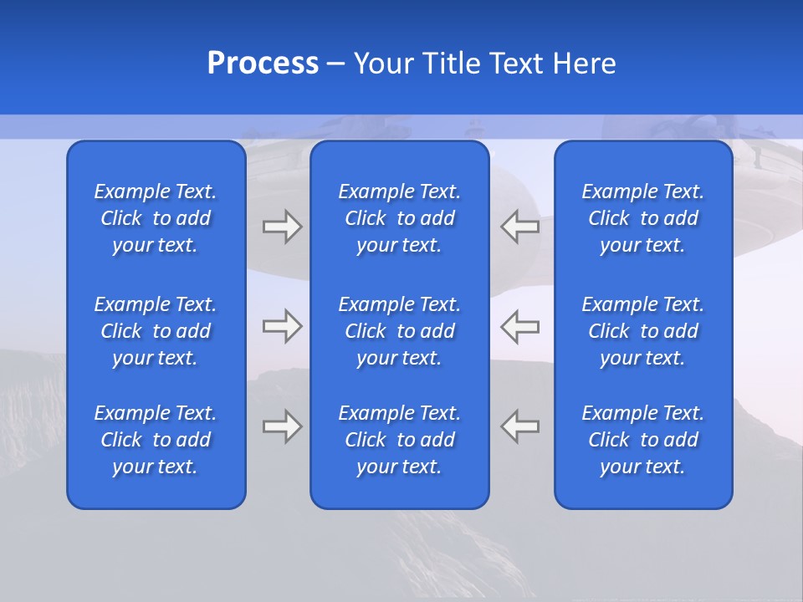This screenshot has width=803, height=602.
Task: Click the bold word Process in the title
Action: (263, 64)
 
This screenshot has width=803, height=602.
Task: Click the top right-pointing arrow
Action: (282, 227)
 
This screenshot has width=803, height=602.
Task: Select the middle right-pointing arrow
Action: (282, 326)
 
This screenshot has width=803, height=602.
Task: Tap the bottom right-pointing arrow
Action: (282, 426)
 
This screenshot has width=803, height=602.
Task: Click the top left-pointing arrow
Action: (519, 227)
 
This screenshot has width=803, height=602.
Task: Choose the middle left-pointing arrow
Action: (519, 326)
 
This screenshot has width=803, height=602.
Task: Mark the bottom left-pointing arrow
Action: (519, 426)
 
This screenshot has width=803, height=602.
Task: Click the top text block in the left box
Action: (156, 218)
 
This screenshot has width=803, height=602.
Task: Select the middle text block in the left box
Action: (156, 331)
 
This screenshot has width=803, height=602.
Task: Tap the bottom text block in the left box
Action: (156, 440)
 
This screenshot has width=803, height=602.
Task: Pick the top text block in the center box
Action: (399, 218)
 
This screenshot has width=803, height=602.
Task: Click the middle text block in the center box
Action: (399, 331)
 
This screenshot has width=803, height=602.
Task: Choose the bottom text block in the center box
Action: (399, 440)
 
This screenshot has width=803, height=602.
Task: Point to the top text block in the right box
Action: (642, 218)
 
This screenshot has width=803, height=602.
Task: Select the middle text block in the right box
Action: (642, 331)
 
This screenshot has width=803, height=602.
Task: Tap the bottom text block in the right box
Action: (642, 440)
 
